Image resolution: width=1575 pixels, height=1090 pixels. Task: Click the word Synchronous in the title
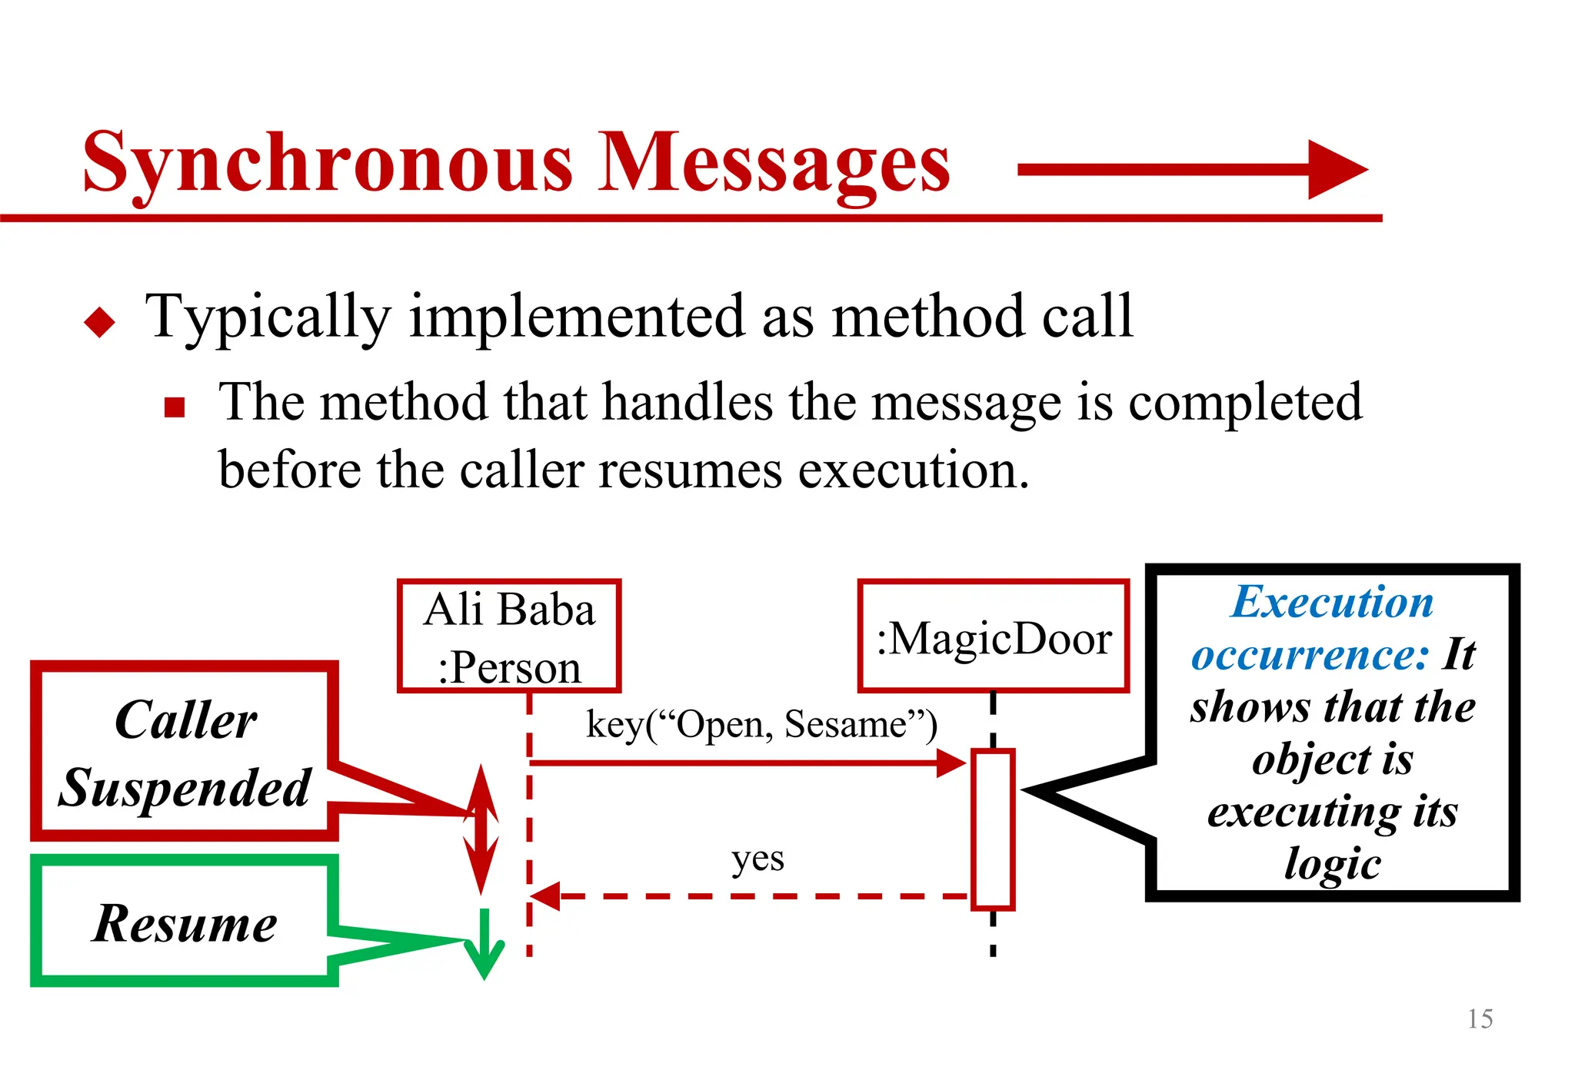(x=328, y=163)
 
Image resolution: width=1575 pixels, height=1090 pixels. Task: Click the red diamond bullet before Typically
(x=100, y=321)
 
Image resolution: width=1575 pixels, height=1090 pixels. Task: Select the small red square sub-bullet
(x=175, y=407)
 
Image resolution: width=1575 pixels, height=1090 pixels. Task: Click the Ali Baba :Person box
(x=509, y=636)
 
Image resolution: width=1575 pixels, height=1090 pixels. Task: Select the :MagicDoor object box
(x=993, y=636)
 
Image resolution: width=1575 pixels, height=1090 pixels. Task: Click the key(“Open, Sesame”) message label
(x=761, y=724)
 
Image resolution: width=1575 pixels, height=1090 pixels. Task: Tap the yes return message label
(x=758, y=858)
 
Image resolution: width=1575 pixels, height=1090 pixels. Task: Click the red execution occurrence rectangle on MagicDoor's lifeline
(x=993, y=829)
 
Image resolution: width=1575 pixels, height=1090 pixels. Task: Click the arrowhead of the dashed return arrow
(x=545, y=896)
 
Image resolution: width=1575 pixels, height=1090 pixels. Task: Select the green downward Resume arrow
(x=484, y=945)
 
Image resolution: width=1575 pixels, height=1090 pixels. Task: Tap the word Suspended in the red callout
(x=185, y=789)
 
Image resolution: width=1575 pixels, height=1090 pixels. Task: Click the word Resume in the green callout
(x=185, y=923)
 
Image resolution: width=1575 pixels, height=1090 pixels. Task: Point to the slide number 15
(x=1480, y=1019)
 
